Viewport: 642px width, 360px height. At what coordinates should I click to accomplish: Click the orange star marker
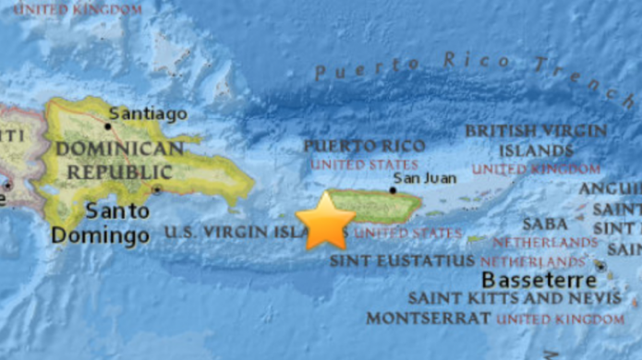325,222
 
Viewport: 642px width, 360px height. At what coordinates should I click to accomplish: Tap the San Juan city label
425,178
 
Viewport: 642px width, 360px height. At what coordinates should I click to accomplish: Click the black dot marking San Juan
393,191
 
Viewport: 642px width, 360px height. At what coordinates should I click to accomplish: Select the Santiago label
147,114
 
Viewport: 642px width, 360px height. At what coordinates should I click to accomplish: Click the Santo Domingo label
101,222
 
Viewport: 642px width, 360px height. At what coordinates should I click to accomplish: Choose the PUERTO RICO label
364,146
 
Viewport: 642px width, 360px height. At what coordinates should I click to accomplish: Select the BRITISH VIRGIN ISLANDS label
536,140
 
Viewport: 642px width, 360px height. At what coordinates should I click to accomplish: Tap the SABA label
545,223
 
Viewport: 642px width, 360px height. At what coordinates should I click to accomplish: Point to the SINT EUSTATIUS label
403,261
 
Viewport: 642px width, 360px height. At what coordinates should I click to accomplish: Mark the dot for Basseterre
600,266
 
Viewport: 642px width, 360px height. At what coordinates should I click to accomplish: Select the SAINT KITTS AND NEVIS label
515,298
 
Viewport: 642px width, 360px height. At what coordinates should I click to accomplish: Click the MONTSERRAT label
428,318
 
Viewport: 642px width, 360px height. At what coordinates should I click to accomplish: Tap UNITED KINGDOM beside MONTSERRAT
560,318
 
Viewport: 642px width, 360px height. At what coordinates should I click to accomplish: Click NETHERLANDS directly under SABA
545,242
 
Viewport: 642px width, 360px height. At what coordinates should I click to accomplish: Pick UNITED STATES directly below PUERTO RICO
351,164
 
